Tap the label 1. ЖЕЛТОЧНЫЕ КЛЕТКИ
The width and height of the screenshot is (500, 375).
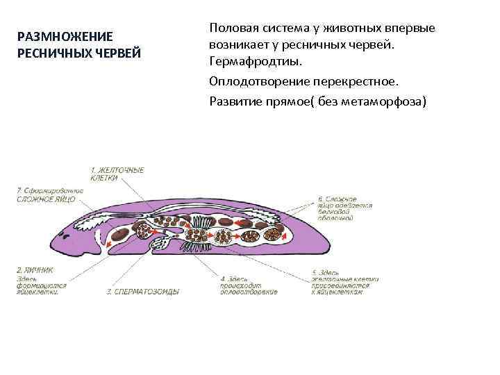tap(117, 173)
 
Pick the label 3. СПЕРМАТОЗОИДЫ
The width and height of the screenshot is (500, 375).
tap(142, 292)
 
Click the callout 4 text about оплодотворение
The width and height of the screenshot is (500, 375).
tap(249, 285)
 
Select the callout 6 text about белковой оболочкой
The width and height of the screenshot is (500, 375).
tap(345, 206)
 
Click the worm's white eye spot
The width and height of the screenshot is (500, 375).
tap(101, 233)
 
